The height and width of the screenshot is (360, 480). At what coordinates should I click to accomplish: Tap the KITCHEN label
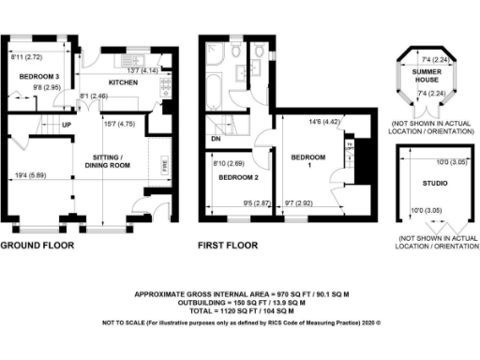tap(124, 82)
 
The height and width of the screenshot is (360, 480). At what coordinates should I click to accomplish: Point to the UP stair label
tap(67, 123)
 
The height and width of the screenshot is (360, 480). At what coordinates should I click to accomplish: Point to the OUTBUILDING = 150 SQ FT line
tap(240, 302)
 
